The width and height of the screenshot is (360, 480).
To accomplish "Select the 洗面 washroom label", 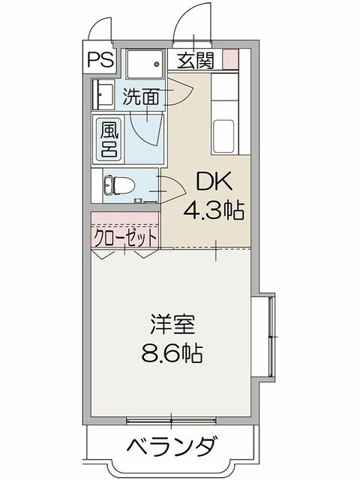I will click(x=141, y=97).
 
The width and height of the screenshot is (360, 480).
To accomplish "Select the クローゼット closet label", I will click(x=125, y=237).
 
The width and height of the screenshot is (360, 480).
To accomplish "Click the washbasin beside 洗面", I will click(x=103, y=94).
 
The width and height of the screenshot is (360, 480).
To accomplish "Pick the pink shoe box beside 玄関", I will click(x=230, y=58).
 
